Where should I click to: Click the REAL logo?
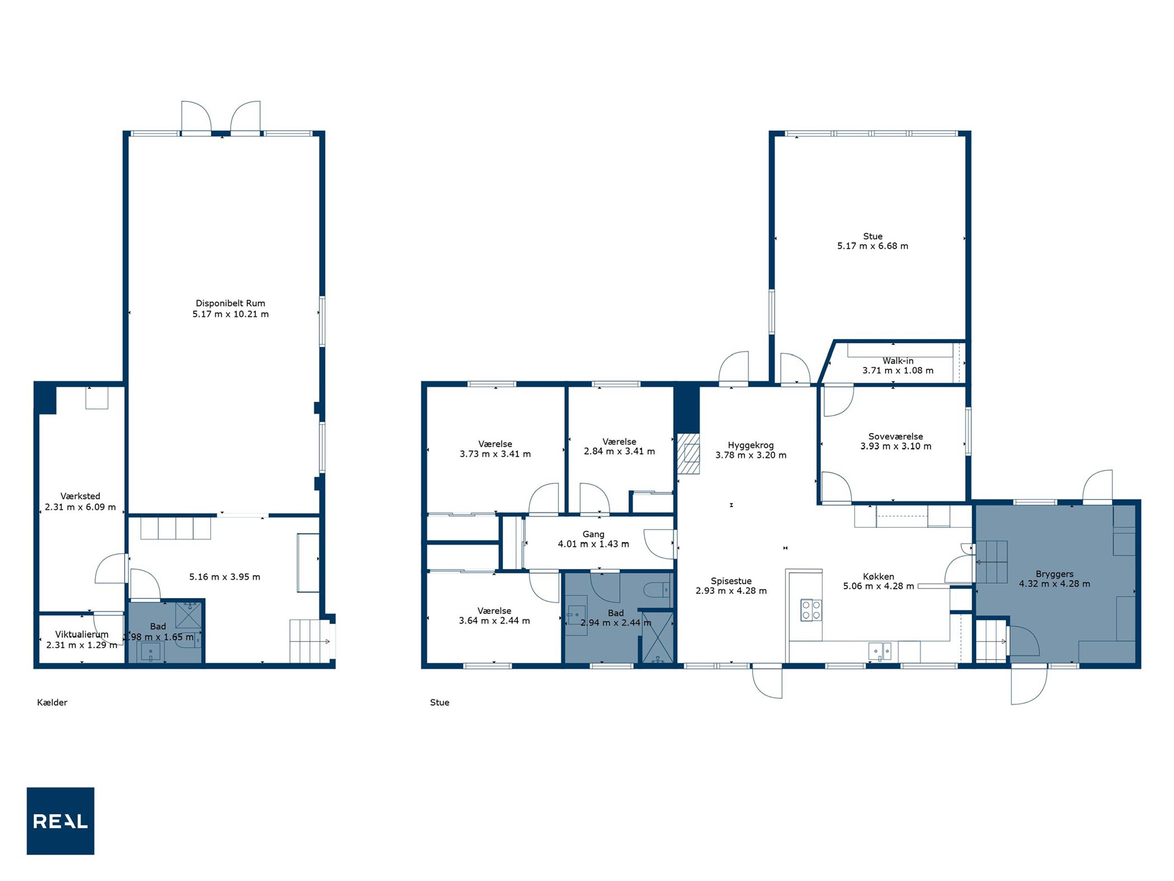point(61,820)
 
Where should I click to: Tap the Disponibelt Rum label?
point(230,303)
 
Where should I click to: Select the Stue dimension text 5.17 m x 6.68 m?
point(872,246)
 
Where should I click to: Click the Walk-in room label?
point(898,361)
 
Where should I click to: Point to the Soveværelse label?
point(895,436)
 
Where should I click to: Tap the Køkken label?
point(878,576)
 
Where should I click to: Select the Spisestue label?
point(731,581)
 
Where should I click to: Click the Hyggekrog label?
point(750,445)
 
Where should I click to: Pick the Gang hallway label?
point(593,534)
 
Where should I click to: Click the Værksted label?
point(80,496)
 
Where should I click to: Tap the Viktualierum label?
point(82,634)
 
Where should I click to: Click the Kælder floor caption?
point(52,702)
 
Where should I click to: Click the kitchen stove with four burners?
point(811,610)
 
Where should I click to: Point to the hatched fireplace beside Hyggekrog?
point(689,454)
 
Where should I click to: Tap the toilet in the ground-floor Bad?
point(657,590)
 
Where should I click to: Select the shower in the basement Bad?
point(188,615)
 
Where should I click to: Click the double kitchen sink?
point(880,651)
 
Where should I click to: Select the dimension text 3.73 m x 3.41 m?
point(495,454)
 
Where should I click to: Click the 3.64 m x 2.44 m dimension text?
point(494,620)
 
